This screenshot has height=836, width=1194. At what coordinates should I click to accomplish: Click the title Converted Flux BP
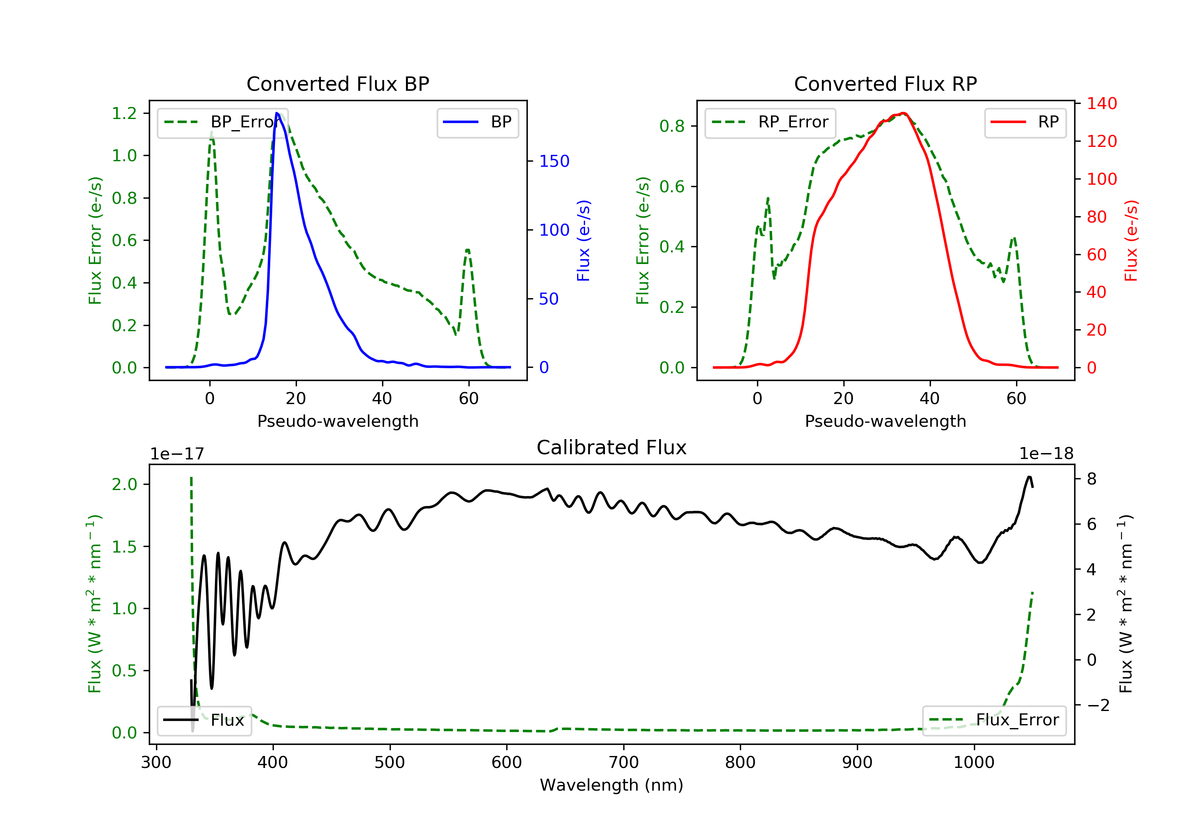tap(338, 84)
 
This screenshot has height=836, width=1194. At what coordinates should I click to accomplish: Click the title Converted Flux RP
tap(885, 84)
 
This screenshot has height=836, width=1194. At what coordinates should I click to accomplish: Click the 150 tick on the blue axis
tap(554, 161)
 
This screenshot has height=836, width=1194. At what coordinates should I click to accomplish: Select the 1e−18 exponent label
tap(1046, 454)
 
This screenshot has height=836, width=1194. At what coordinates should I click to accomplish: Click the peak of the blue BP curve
tap(277, 113)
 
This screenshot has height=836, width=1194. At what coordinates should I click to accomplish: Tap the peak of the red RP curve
tap(904, 113)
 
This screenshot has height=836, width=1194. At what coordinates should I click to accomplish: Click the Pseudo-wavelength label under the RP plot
tap(885, 421)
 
